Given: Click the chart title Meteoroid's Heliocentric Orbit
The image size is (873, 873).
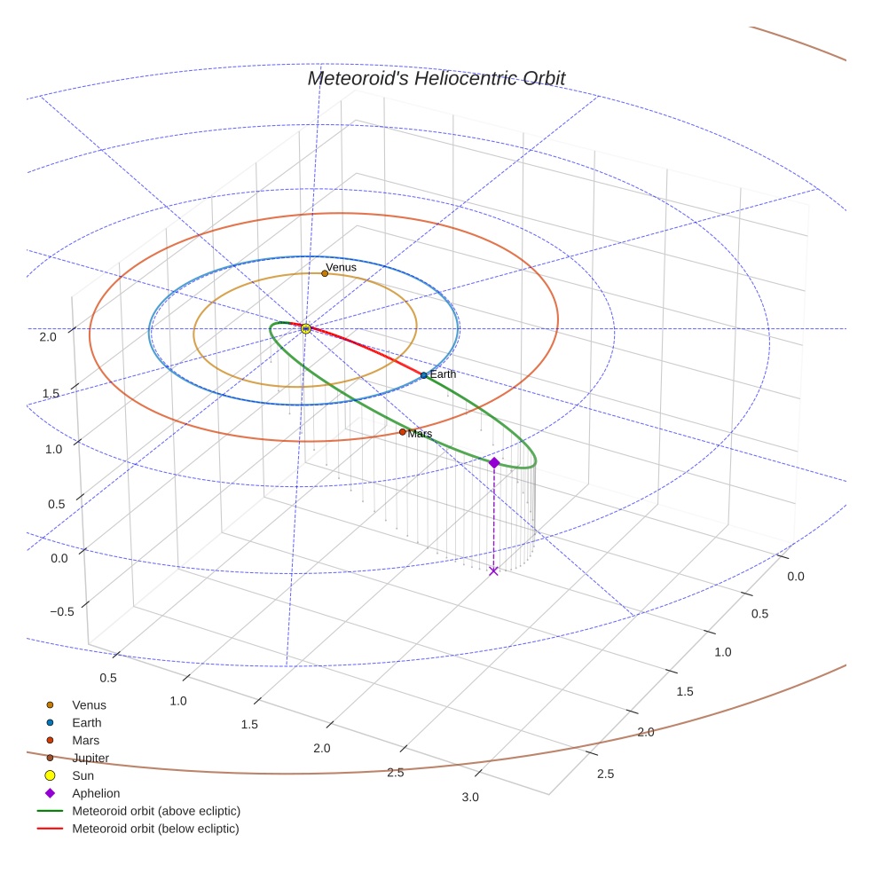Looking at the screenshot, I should coord(436,78).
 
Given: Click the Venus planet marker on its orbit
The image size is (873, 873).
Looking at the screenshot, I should coord(325,273).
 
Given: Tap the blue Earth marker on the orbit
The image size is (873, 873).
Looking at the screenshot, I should coord(424,375).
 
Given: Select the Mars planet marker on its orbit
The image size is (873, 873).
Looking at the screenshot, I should coord(403,432).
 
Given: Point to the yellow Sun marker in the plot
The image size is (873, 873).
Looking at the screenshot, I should coord(306,329).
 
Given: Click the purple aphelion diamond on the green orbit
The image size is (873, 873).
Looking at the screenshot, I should coord(494,463).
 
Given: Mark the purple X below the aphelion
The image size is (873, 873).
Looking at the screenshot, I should coord(494,570).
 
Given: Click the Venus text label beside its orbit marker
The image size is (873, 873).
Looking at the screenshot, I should coord(341,267).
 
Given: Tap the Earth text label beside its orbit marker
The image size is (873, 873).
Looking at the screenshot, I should coord(443,374).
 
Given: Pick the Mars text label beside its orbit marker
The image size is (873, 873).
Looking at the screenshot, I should coord(421,434).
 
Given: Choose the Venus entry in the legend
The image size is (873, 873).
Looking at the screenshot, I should coord(89,705).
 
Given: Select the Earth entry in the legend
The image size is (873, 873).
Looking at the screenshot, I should coord(86,723).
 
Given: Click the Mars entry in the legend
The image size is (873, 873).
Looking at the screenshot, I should coord(85,740).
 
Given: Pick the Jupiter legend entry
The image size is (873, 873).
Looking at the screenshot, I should coord(90,758).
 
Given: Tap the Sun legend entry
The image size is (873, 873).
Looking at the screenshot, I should coord(83,775).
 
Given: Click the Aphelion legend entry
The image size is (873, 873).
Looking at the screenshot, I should coord(96,793).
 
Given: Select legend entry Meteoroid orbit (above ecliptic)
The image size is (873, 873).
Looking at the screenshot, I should coord(155,811).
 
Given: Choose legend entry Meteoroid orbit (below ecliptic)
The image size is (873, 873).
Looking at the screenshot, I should coord(155,829).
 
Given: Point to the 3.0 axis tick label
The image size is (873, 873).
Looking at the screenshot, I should coord(470,797).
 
